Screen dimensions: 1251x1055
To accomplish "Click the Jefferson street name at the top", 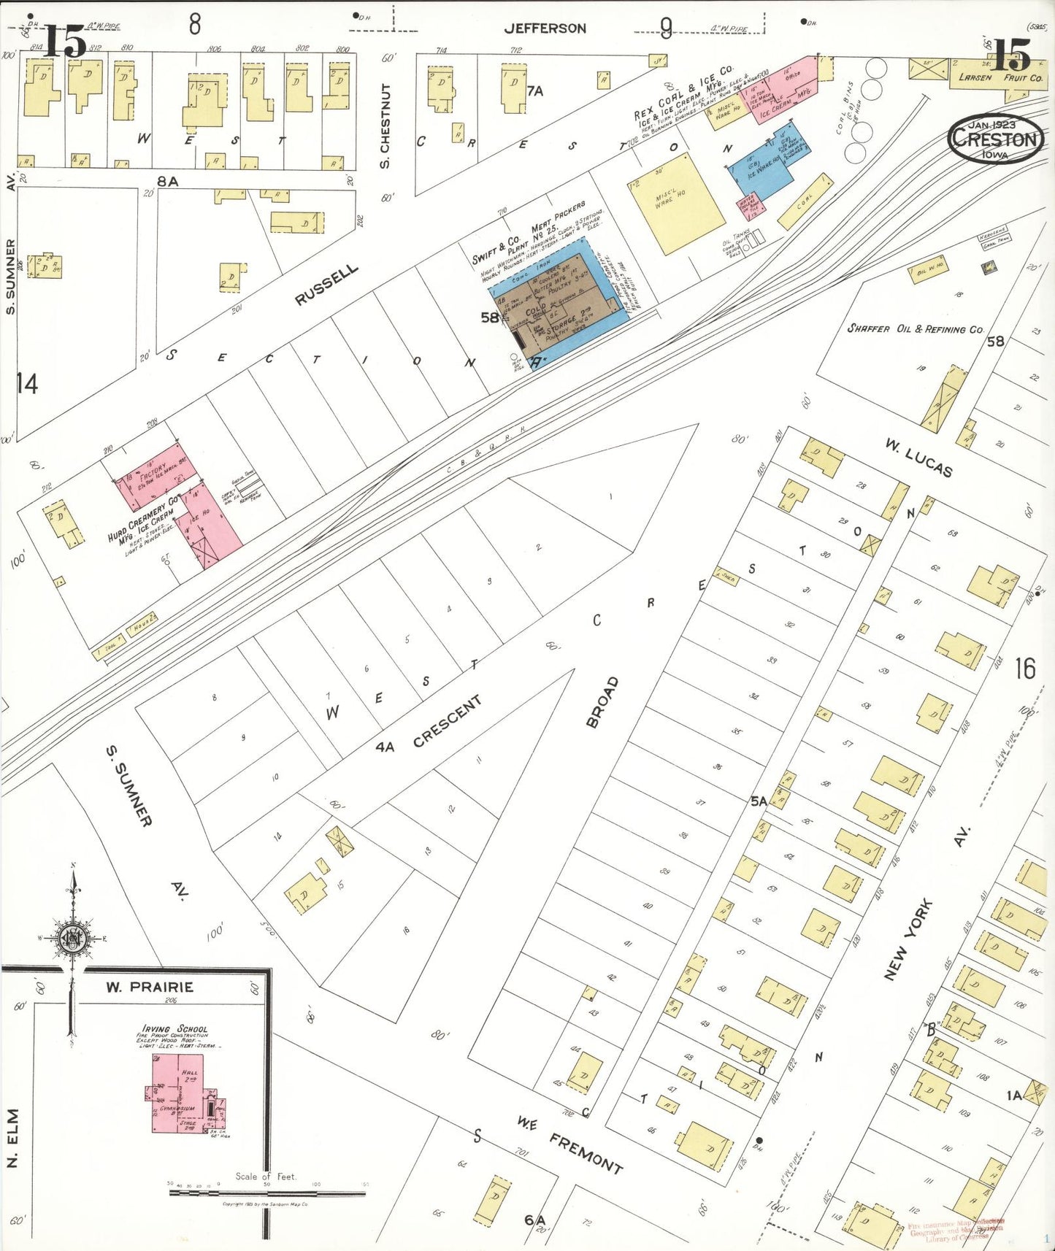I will click(x=545, y=28).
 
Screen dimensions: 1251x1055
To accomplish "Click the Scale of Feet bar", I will click(x=266, y=1193).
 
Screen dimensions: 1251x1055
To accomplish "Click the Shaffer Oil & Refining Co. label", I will click(x=916, y=329).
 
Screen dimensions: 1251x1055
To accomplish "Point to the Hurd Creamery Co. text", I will click(x=143, y=518).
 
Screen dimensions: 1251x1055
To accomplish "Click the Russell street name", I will click(x=326, y=285).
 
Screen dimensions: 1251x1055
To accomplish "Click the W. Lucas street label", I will click(x=918, y=458).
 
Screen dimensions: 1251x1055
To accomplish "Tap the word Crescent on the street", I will click(x=447, y=721).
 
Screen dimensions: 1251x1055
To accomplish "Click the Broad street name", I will click(x=602, y=701).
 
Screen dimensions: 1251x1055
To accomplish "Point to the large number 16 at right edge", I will click(x=1024, y=668).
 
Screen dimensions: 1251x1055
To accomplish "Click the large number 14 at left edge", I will click(x=26, y=383).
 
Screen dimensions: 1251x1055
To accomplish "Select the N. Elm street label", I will click(x=12, y=1139).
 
